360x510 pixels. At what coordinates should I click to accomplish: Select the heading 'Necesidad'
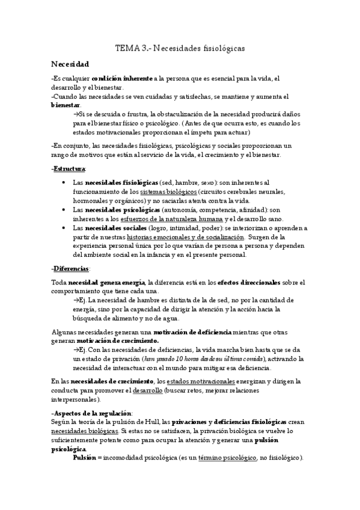click(x=70, y=64)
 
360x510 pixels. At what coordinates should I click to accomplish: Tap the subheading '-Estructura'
click(x=68, y=168)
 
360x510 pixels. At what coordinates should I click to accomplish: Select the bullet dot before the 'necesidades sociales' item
click(x=64, y=228)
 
